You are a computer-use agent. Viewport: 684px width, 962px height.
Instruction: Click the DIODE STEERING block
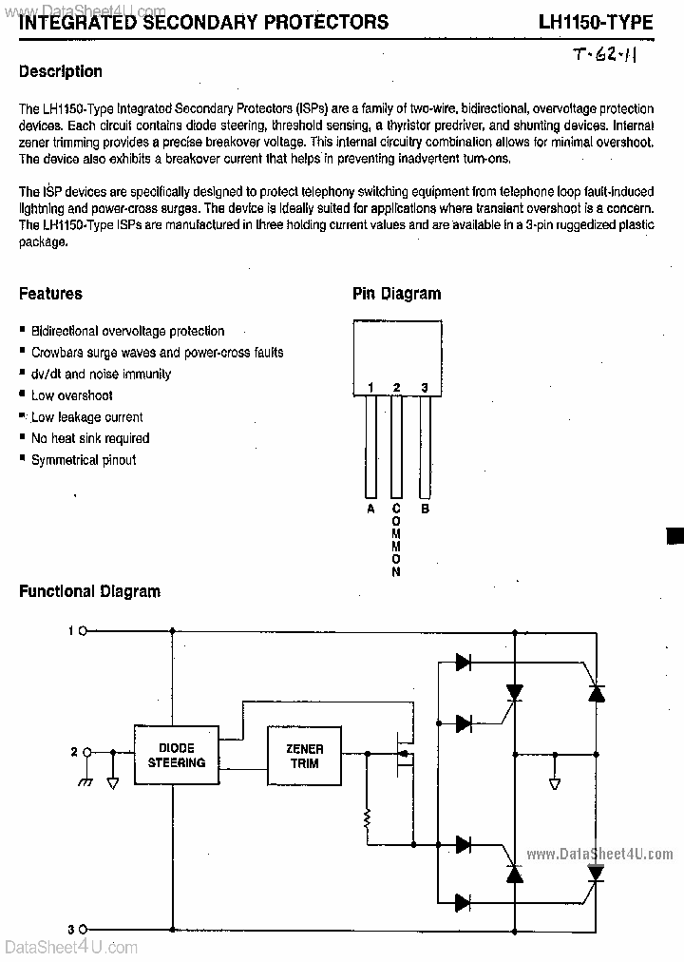tap(177, 756)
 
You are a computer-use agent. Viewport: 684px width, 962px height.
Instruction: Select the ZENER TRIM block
tap(303, 756)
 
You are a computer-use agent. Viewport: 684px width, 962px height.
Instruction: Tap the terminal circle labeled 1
tap(84, 630)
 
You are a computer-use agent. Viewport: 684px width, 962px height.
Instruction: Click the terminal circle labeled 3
tap(84, 929)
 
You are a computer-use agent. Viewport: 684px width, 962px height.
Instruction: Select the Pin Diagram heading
tap(396, 294)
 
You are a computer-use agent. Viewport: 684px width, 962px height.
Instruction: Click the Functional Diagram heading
tap(90, 591)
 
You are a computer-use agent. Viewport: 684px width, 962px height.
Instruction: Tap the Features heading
tap(50, 294)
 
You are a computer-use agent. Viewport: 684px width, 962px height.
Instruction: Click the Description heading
tap(61, 71)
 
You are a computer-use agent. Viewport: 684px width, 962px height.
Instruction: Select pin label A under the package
tap(370, 509)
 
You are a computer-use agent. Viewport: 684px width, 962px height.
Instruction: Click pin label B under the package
tap(425, 509)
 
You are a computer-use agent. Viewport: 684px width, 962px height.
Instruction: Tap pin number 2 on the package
tap(396, 387)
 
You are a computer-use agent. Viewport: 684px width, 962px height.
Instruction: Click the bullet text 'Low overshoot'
tap(71, 395)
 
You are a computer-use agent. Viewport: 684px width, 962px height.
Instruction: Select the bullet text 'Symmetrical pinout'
tap(84, 460)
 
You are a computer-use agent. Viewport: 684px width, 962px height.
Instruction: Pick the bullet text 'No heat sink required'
tap(90, 438)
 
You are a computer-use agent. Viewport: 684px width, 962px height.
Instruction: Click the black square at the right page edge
tap(675, 535)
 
